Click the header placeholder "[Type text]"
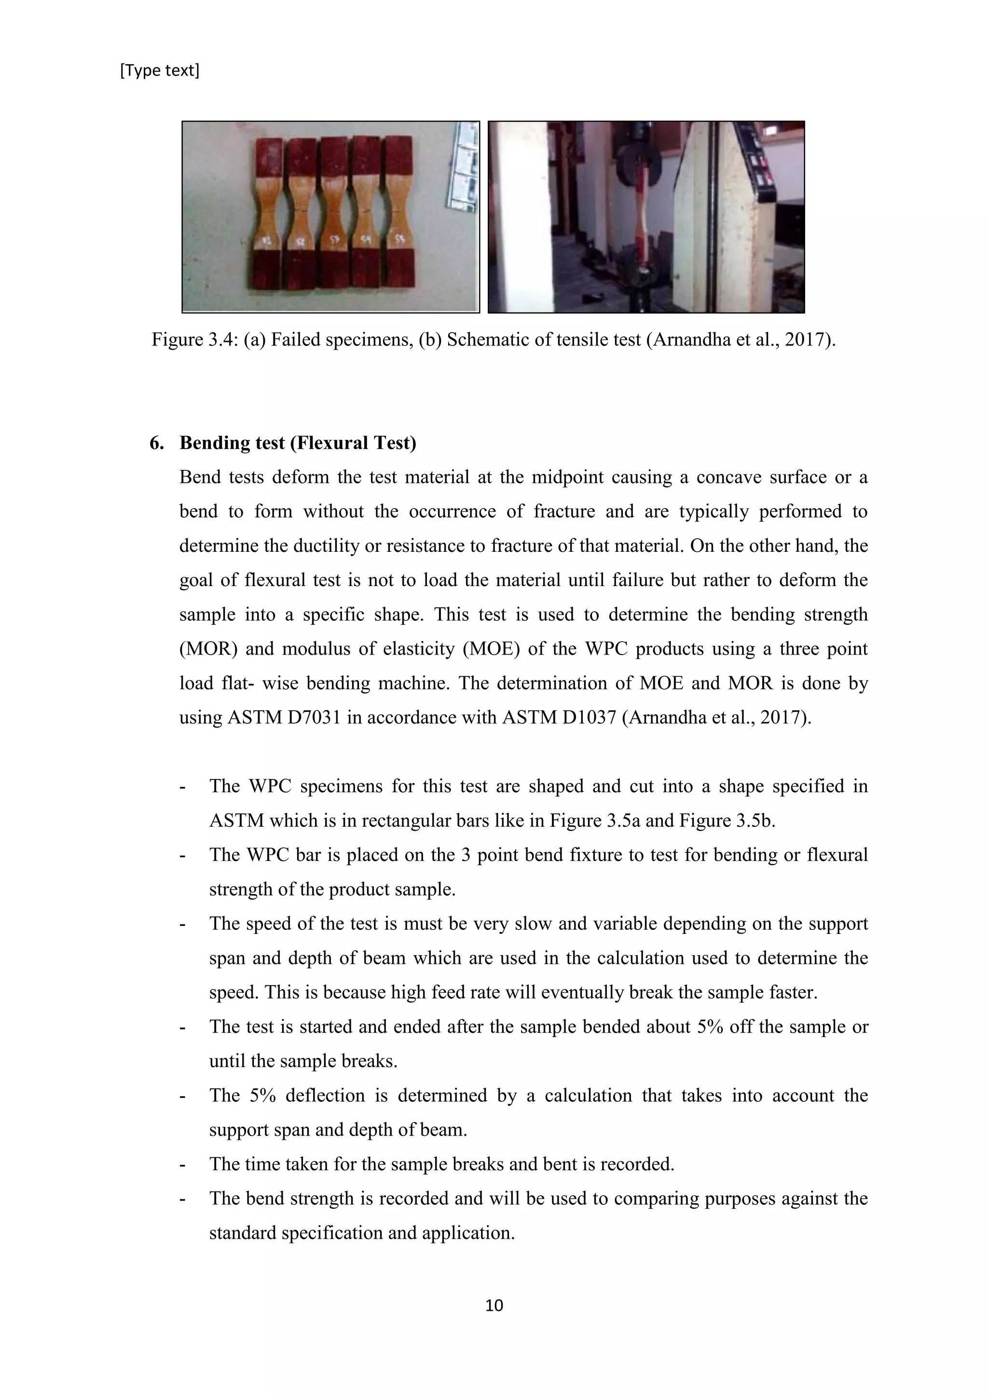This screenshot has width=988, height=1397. [159, 70]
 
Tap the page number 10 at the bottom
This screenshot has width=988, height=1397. [494, 1305]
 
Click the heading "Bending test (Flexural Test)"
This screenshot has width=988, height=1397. [298, 442]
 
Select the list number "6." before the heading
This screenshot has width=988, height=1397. [156, 442]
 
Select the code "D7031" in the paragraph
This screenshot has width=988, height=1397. [315, 717]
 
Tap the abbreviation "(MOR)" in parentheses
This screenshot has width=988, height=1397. [207, 649]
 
